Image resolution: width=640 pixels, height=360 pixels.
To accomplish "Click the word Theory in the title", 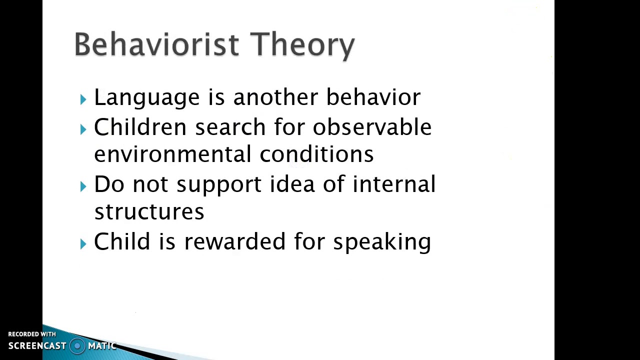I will (x=302, y=45).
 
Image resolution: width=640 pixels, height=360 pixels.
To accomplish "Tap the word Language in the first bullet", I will (x=146, y=97).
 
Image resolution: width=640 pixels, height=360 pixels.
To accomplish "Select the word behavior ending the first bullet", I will (x=373, y=96).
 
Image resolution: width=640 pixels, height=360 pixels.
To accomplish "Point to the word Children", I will (x=140, y=127).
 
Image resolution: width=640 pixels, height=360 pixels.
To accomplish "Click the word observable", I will (x=372, y=127).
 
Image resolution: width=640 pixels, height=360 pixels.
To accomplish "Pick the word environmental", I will (x=172, y=154).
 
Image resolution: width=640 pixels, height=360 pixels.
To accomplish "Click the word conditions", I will (x=316, y=154).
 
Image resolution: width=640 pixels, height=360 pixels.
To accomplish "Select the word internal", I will (x=394, y=184).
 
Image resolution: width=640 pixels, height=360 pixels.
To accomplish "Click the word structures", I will (x=149, y=211).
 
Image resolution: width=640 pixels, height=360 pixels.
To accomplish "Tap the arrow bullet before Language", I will (x=83, y=99).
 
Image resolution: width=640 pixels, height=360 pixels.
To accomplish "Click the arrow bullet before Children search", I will (x=83, y=129).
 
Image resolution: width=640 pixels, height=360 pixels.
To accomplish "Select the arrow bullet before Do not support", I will (x=83, y=186).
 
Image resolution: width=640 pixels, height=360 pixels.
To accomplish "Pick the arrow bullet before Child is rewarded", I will (x=83, y=243).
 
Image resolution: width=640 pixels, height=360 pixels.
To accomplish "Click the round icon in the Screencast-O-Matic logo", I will (x=77, y=345).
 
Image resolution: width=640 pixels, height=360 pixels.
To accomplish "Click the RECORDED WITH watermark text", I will (x=32, y=334).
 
